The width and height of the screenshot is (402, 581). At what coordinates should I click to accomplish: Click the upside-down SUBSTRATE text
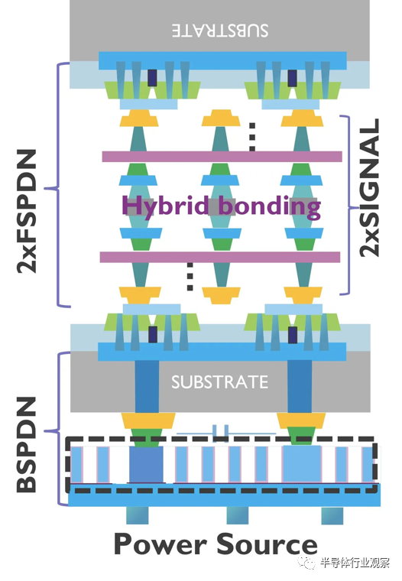click(x=220, y=31)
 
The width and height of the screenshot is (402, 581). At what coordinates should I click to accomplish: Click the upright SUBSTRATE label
click(x=219, y=382)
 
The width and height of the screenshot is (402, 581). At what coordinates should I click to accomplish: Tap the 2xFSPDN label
click(x=27, y=211)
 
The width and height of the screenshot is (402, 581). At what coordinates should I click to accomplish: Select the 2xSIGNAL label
click(x=370, y=187)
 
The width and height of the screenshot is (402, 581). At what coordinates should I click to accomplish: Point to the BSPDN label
click(x=27, y=445)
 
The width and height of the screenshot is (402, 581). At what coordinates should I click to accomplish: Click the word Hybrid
click(x=165, y=206)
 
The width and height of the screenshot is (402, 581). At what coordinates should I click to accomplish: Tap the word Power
click(x=160, y=544)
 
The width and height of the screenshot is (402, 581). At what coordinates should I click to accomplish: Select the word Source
click(x=267, y=544)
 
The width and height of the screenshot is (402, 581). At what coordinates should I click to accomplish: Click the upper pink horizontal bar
click(x=222, y=157)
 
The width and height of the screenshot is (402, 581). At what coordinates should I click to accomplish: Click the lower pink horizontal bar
click(x=220, y=257)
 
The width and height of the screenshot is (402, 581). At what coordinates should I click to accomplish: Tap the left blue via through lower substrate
click(x=147, y=387)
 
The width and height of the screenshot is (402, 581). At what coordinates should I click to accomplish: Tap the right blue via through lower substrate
click(x=300, y=387)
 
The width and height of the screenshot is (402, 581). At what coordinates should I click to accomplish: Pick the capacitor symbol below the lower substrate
click(x=220, y=433)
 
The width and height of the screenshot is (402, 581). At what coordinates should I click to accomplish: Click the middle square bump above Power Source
click(x=238, y=515)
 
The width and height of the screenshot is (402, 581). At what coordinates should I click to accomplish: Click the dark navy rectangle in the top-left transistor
click(x=152, y=78)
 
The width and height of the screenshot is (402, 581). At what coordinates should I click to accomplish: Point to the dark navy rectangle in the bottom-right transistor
click(x=293, y=335)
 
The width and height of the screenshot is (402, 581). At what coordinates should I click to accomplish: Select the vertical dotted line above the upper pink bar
click(x=252, y=137)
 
